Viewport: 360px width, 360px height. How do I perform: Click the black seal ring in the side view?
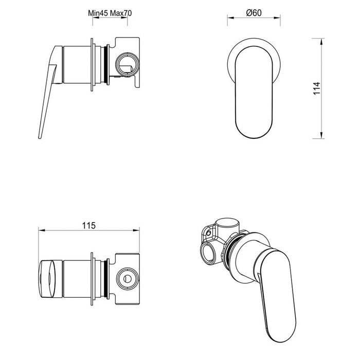click(106, 64)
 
